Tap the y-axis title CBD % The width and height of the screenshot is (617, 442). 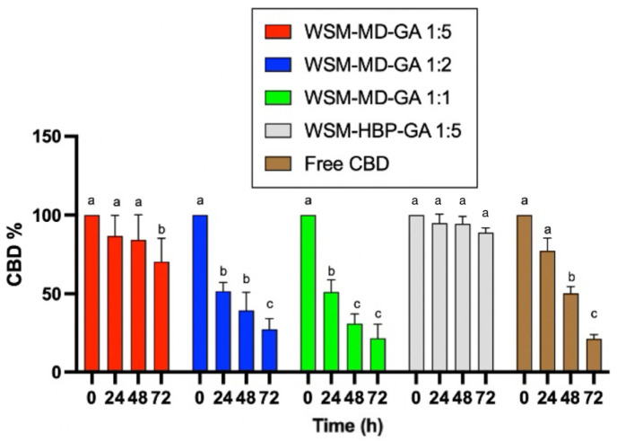point(17,254)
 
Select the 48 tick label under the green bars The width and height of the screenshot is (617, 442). point(355,392)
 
